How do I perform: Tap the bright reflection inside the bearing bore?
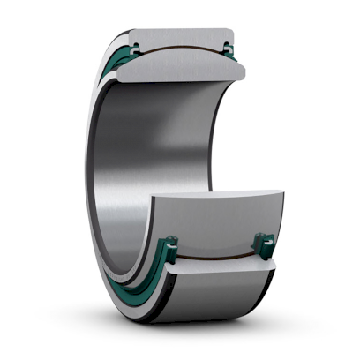[x=115, y=176]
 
